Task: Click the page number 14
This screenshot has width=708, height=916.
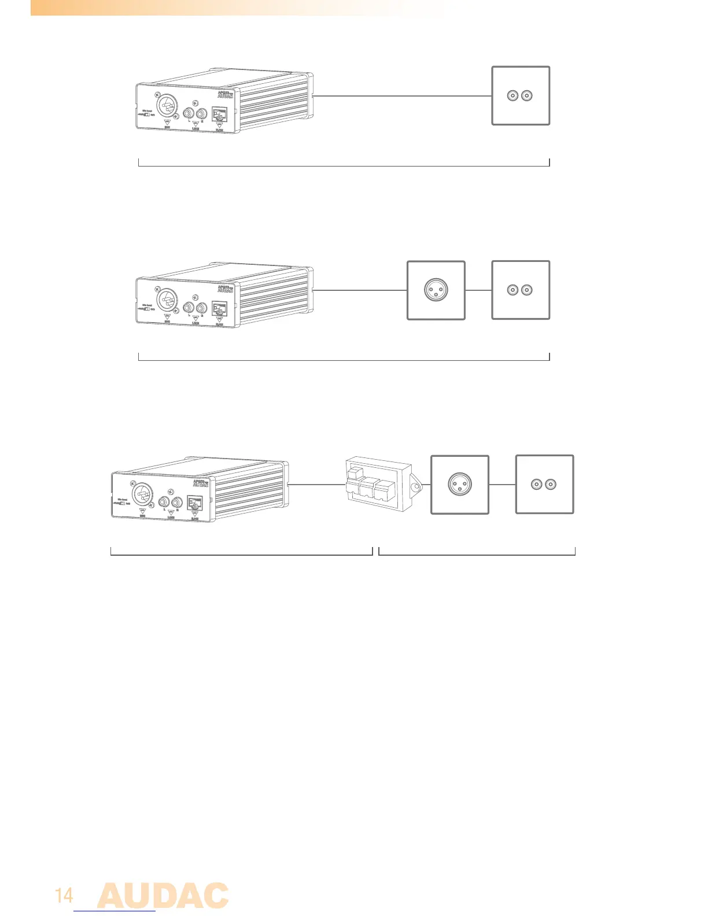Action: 64,896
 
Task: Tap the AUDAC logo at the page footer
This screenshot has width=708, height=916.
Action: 163,896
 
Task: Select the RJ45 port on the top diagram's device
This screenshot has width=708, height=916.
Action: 219,116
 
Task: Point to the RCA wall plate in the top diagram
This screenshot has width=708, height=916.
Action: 520,95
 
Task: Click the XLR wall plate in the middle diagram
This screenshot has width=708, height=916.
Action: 436,290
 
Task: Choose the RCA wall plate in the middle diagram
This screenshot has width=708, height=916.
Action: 520,290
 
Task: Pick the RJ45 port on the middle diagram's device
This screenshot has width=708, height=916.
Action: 219,310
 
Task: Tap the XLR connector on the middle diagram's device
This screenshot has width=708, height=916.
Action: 168,301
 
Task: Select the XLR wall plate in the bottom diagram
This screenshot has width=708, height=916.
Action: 460,484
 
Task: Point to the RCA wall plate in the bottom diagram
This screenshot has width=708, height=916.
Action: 544,484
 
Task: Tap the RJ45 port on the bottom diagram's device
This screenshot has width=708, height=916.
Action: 195,504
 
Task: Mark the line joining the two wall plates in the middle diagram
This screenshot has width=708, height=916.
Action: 478,290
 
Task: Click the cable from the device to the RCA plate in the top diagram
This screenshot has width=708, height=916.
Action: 402,95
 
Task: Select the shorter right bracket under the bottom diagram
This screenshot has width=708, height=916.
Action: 477,555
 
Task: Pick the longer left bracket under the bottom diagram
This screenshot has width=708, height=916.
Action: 241,555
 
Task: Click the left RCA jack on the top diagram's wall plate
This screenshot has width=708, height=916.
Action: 512,95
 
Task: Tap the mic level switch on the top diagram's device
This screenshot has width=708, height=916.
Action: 147,114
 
